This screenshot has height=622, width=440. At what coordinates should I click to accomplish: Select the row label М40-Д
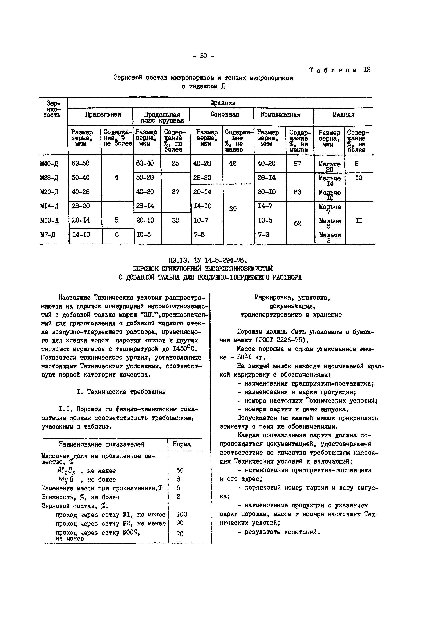click(x=49, y=164)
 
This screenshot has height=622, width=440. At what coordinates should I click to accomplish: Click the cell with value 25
click(x=175, y=163)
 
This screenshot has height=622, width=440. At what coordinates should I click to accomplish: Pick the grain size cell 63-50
click(x=81, y=163)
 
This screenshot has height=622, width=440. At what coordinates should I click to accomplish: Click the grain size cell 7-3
click(x=264, y=234)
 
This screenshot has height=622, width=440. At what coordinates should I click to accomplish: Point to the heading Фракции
click(x=223, y=103)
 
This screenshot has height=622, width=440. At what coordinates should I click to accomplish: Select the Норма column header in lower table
click(x=182, y=444)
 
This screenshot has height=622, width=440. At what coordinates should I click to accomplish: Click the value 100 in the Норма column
click(x=182, y=515)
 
